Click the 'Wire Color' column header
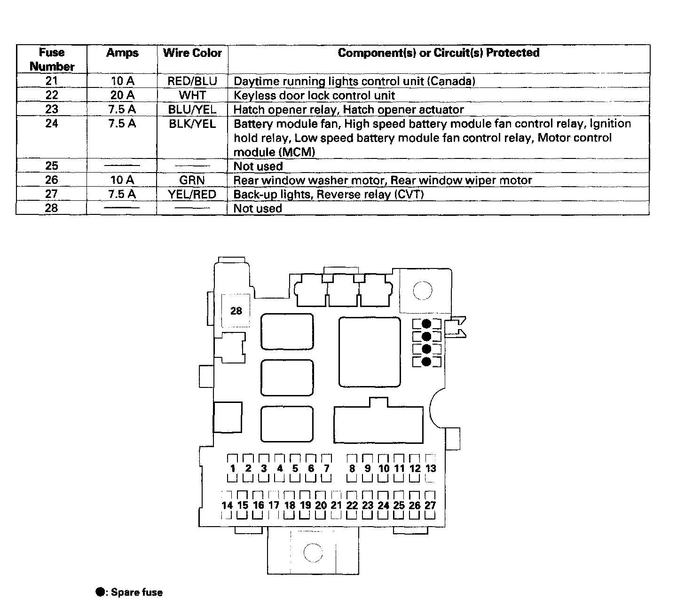(x=192, y=53)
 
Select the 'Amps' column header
(x=122, y=53)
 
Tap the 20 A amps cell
(x=122, y=95)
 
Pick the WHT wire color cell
(x=192, y=95)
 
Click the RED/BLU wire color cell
(x=192, y=81)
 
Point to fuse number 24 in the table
(x=52, y=124)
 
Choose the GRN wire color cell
(x=192, y=180)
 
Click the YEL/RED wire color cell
(x=192, y=194)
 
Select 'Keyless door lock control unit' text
(x=314, y=95)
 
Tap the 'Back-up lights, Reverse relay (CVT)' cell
(x=329, y=194)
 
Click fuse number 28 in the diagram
(x=236, y=311)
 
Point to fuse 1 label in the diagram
(x=233, y=468)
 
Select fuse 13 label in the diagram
(x=431, y=468)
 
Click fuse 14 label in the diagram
(x=227, y=505)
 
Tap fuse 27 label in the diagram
(x=430, y=505)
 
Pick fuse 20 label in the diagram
(x=321, y=505)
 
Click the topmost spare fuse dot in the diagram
(x=426, y=324)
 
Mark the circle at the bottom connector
(x=313, y=552)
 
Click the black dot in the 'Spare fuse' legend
(x=100, y=592)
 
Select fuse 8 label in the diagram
(x=352, y=468)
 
